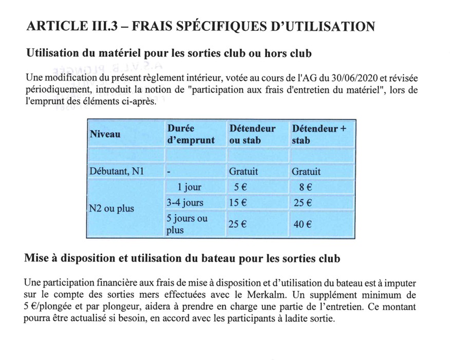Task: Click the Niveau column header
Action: point(105,134)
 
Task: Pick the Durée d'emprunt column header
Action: point(191,134)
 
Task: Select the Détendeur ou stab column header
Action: point(252,134)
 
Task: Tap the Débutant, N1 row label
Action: point(116,172)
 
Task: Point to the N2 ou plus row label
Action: point(112,209)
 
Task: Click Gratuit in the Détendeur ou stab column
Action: point(243,172)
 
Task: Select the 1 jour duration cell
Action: point(190,187)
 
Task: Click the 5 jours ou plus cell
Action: point(187,224)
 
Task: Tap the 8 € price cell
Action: point(306,187)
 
